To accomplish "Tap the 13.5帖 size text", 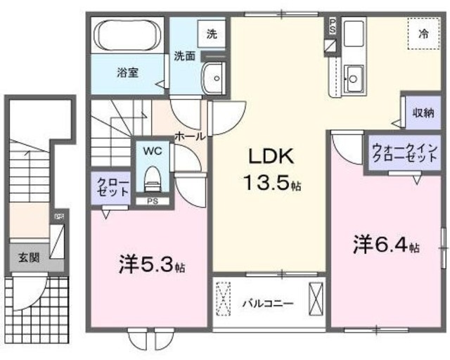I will tap(272, 185).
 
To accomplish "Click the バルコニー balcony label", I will tap(268, 304).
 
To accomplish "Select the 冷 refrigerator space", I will tap(423, 33).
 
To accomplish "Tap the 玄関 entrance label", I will tap(28, 257).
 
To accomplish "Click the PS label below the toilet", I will tap(152, 201).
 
